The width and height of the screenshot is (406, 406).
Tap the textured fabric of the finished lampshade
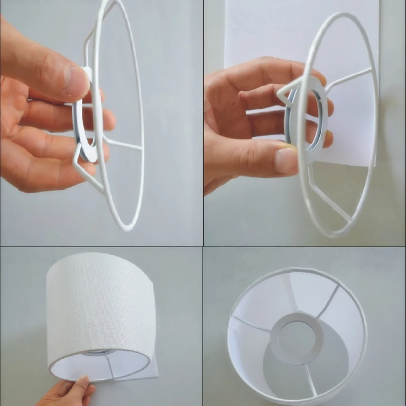pos(98,304)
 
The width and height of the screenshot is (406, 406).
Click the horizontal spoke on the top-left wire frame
pos(123,144)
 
